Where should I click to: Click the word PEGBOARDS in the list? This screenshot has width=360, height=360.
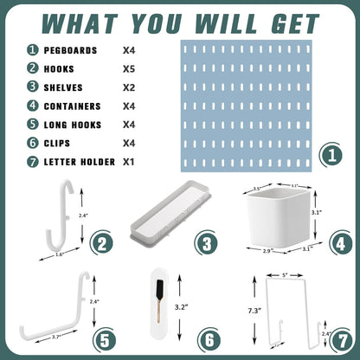[x=72, y=49]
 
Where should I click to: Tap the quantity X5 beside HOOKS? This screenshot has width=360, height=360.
[x=133, y=68]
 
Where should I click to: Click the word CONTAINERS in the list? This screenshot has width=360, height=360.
[x=75, y=106]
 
